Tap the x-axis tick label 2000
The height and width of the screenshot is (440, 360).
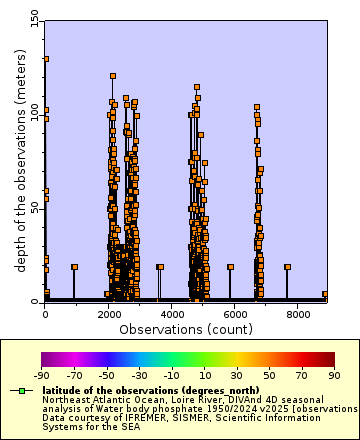tap(108, 313)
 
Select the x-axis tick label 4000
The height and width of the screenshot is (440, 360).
tap(172, 313)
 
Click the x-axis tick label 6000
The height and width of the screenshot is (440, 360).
tap(235, 313)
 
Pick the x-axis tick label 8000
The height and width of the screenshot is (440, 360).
tap(299, 313)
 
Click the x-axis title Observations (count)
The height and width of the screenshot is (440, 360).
tap(186, 328)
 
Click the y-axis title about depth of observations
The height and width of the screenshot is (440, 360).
tap(19, 159)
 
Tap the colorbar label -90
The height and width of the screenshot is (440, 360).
tap(41, 375)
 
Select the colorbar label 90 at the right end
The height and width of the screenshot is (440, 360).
tap(334, 375)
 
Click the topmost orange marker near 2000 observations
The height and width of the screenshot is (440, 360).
tap(113, 75)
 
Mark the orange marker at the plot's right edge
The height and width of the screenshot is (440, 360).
tap(325, 295)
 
